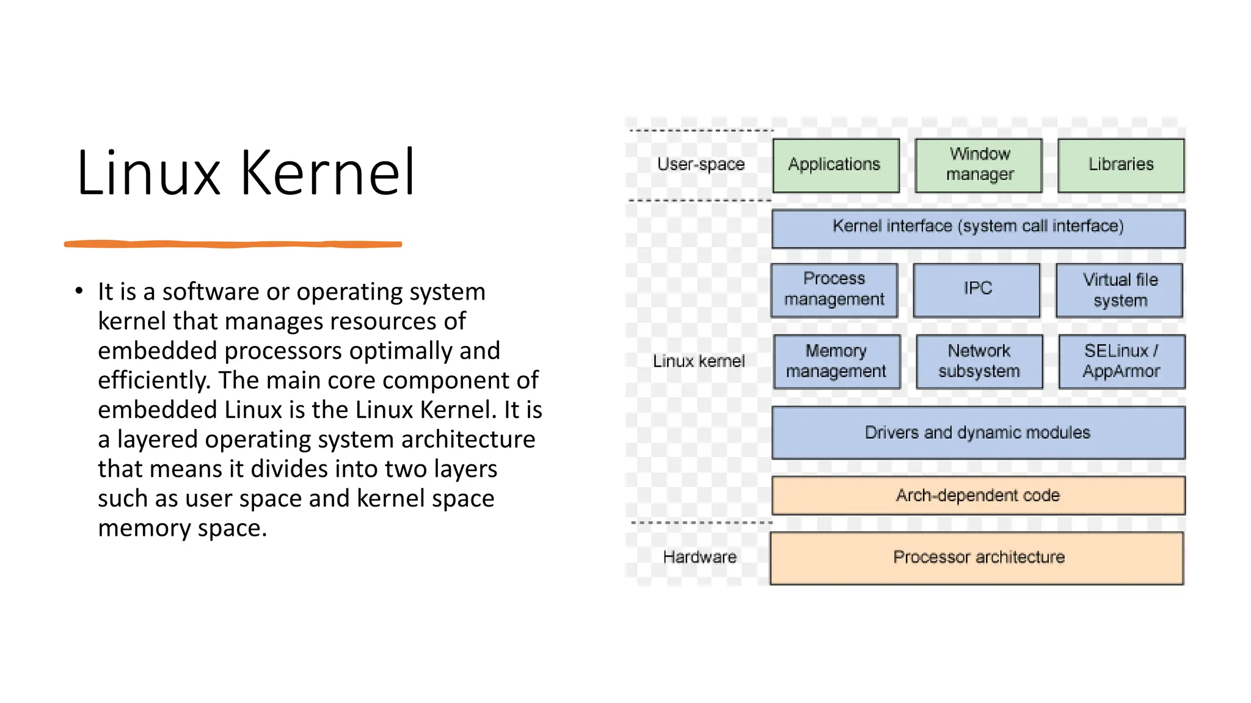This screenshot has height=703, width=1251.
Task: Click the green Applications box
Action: (835, 165)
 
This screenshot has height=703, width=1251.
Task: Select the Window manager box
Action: (979, 165)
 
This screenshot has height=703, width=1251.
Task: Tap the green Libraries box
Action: (1121, 165)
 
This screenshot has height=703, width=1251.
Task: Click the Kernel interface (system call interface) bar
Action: (978, 228)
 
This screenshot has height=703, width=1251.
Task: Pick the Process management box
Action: (834, 290)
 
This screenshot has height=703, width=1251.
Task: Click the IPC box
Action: (977, 290)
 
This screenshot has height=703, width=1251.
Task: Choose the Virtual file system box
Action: (1120, 290)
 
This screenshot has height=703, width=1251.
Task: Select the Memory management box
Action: (836, 361)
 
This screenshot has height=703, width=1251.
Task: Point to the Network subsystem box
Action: (979, 361)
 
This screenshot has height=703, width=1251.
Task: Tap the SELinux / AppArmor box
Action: (1122, 361)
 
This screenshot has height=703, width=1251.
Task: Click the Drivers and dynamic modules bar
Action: (978, 433)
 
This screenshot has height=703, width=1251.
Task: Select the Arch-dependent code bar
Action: (978, 496)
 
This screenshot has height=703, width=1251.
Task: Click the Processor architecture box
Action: (977, 558)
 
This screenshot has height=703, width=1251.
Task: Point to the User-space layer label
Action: (701, 164)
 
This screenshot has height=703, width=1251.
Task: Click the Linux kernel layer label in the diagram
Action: (699, 361)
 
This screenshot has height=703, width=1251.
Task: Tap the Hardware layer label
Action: (699, 557)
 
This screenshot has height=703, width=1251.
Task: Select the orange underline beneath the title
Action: (233, 244)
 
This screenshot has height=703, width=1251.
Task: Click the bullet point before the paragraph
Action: (79, 291)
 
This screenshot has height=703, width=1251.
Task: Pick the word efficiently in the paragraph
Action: (154, 380)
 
